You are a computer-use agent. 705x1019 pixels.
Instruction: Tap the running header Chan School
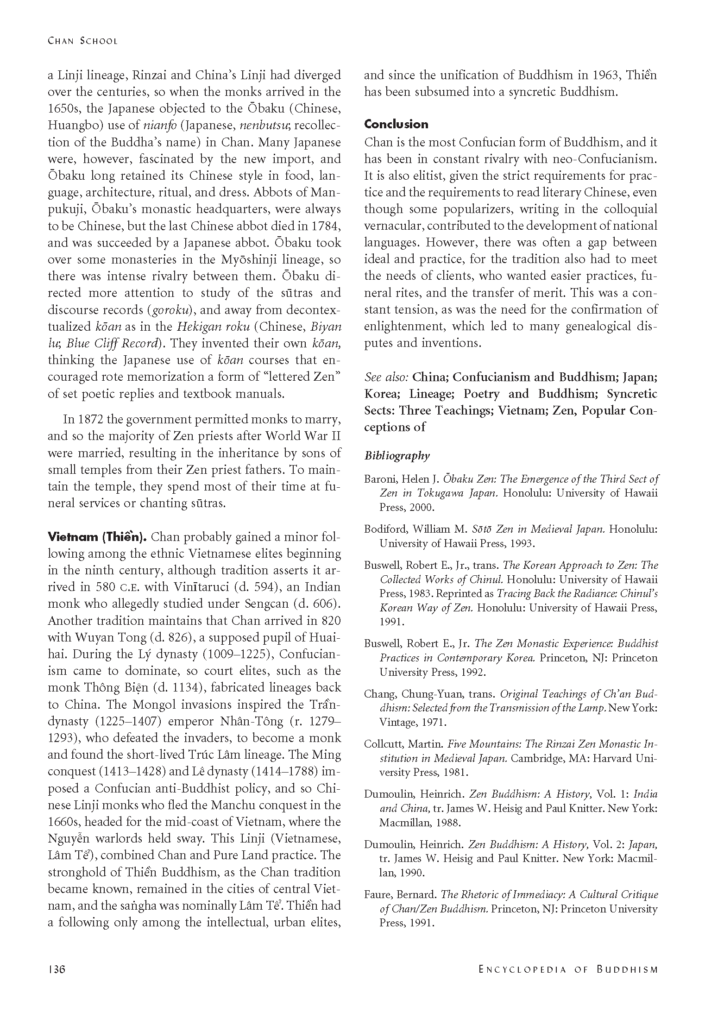click(83, 41)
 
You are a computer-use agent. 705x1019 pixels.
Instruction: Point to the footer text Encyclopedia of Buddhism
click(561, 969)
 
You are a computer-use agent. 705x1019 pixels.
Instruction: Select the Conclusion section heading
click(396, 124)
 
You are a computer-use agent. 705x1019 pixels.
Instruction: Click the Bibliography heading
click(397, 456)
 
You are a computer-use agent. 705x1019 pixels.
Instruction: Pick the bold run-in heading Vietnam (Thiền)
click(97, 537)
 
